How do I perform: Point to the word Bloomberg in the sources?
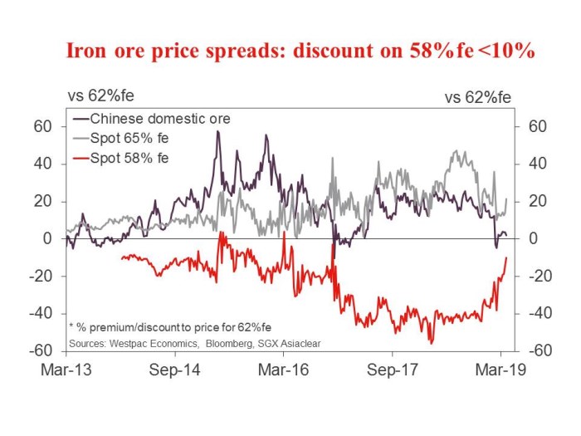tap(232, 342)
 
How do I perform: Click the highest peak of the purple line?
tap(217, 131)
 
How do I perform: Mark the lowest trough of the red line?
tap(431, 342)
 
